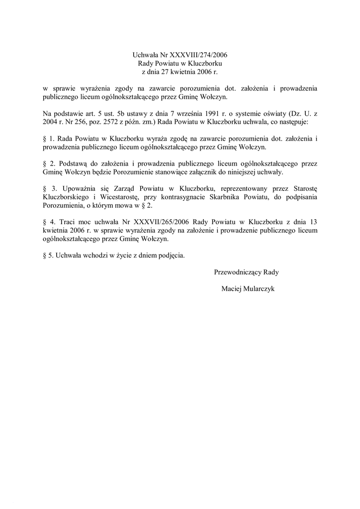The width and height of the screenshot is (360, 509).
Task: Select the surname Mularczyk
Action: click(259, 289)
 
